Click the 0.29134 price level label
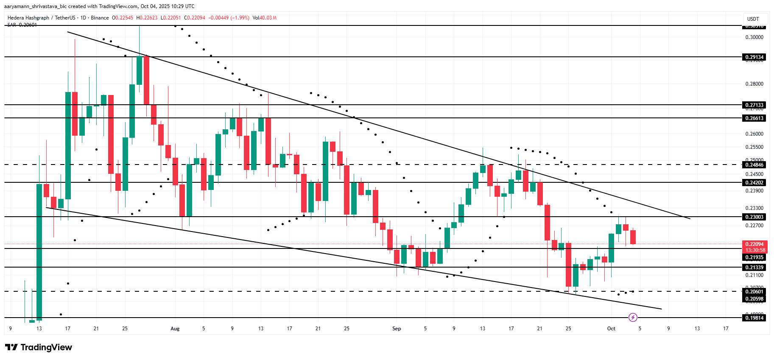754,57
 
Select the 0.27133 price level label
754,105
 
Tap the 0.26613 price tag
754,118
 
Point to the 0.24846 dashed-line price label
754,165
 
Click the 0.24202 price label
754,183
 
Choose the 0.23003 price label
754,217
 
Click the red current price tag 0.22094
754,244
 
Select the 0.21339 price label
754,268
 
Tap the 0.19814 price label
754,318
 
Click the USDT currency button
753,19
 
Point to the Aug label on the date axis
175,329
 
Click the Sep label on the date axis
397,329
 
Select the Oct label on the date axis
611,329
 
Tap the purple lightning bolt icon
633,317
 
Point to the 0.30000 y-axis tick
754,37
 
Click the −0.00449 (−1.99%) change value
229,18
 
